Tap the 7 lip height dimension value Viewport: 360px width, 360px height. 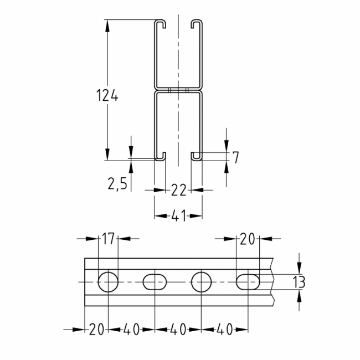coord(235,157)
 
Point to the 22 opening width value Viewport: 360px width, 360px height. coord(178,190)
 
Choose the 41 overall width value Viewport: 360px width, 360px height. coord(178,215)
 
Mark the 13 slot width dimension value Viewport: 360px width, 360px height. coord(299,282)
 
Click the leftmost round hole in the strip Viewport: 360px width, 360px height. coord(108,282)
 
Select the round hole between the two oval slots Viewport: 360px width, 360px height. coord(201,282)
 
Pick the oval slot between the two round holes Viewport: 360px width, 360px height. coord(155,282)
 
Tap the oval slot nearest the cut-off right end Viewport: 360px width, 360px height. coord(248,282)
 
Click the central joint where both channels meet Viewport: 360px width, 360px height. coord(178,90)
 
